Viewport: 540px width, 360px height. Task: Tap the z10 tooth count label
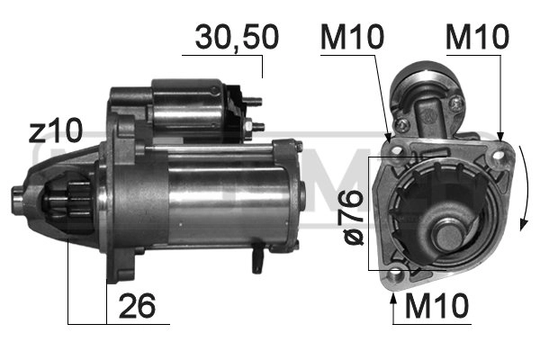(55, 132)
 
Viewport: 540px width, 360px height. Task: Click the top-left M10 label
(352, 37)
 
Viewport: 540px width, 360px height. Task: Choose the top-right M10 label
(477, 37)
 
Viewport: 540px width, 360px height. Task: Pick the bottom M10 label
(436, 307)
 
